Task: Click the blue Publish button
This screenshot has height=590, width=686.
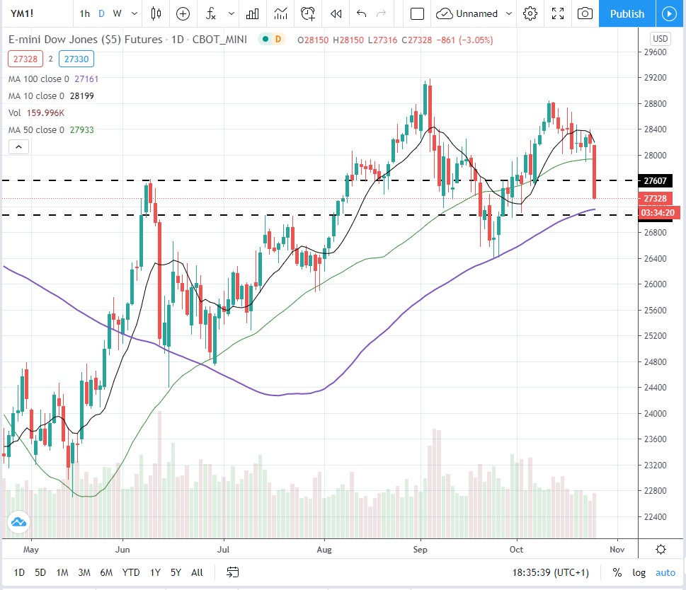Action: point(627,13)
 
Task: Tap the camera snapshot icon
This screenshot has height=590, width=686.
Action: point(585,13)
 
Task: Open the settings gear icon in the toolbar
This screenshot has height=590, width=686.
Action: point(530,13)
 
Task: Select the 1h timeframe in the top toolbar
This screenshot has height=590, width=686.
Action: point(85,13)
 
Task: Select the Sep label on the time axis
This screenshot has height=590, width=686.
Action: point(421,549)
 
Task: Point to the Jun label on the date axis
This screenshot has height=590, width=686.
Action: point(123,549)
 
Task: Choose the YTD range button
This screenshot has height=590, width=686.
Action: point(130,572)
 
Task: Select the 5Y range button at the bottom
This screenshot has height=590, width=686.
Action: point(176,572)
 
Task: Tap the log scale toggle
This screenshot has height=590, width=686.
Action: point(639,572)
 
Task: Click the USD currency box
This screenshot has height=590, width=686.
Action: point(660,39)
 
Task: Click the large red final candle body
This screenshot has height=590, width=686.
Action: point(595,172)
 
